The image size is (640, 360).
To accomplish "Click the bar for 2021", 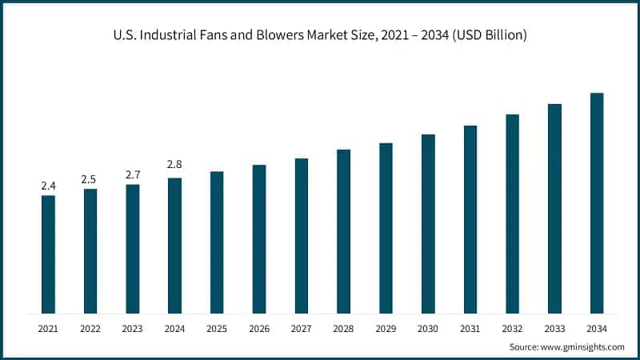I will click(x=48, y=254).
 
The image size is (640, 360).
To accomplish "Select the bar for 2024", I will click(x=174, y=246).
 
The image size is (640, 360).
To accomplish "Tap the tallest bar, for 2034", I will click(x=597, y=203).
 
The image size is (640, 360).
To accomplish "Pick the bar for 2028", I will click(x=343, y=231).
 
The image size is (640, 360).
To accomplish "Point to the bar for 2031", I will click(x=470, y=219).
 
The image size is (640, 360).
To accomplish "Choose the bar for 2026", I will click(x=259, y=239).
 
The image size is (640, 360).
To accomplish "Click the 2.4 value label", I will click(x=48, y=186).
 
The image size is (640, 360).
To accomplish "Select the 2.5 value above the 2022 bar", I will click(x=90, y=179).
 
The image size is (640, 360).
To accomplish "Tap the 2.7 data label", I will click(x=132, y=174).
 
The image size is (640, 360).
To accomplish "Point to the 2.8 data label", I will click(x=174, y=165).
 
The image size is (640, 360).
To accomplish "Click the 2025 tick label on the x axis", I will click(x=217, y=328).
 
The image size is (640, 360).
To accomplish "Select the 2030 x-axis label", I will click(x=428, y=328).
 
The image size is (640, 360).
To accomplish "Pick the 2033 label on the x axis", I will click(x=554, y=328).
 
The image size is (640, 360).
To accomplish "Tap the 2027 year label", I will click(x=301, y=328).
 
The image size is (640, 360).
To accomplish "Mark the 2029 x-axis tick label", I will click(x=386, y=328).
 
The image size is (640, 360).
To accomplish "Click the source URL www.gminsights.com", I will click(x=583, y=346).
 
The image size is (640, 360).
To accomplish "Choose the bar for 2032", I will click(x=512, y=214).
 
